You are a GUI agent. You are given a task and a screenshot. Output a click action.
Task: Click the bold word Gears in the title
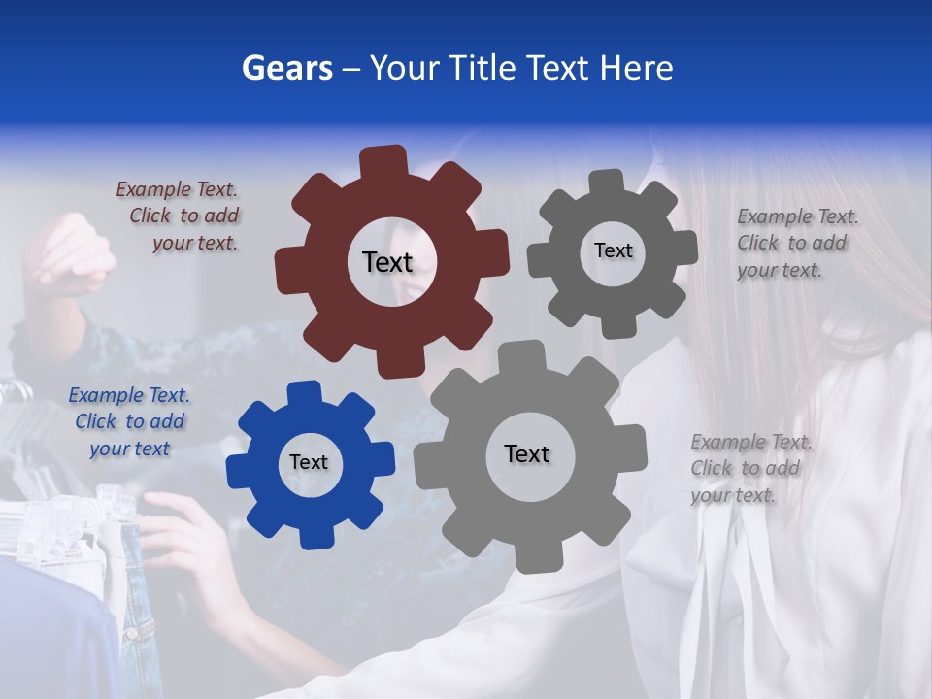286,68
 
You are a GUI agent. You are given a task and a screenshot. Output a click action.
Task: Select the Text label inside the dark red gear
387,262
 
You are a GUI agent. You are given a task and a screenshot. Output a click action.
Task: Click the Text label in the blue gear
309,463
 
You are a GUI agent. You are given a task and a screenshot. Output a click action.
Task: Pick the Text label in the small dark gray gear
613,250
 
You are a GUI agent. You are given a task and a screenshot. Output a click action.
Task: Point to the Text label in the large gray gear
527,454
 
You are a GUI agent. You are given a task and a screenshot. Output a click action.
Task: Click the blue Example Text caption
129,422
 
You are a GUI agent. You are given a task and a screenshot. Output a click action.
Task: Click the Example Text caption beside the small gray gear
796,244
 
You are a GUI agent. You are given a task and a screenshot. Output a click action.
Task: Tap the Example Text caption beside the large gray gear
749,469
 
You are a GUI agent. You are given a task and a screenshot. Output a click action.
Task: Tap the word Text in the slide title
557,68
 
